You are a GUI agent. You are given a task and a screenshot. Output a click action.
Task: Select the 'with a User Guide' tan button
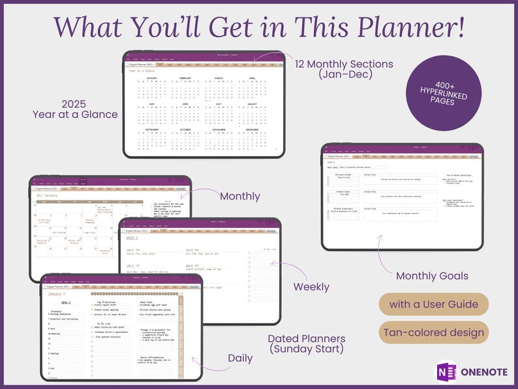(x=434, y=304)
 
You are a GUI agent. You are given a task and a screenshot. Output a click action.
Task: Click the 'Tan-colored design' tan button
(x=434, y=332)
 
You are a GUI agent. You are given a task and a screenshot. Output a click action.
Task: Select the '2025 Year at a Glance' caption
(x=75, y=109)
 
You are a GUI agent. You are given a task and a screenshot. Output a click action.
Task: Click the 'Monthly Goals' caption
(x=432, y=275)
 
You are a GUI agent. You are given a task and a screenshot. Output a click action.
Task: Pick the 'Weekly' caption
(x=311, y=287)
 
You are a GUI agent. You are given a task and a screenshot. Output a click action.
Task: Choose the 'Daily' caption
(x=240, y=358)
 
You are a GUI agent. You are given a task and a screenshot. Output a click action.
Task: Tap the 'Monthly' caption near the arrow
(x=239, y=196)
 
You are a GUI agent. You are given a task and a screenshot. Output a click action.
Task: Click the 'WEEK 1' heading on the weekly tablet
(x=132, y=238)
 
